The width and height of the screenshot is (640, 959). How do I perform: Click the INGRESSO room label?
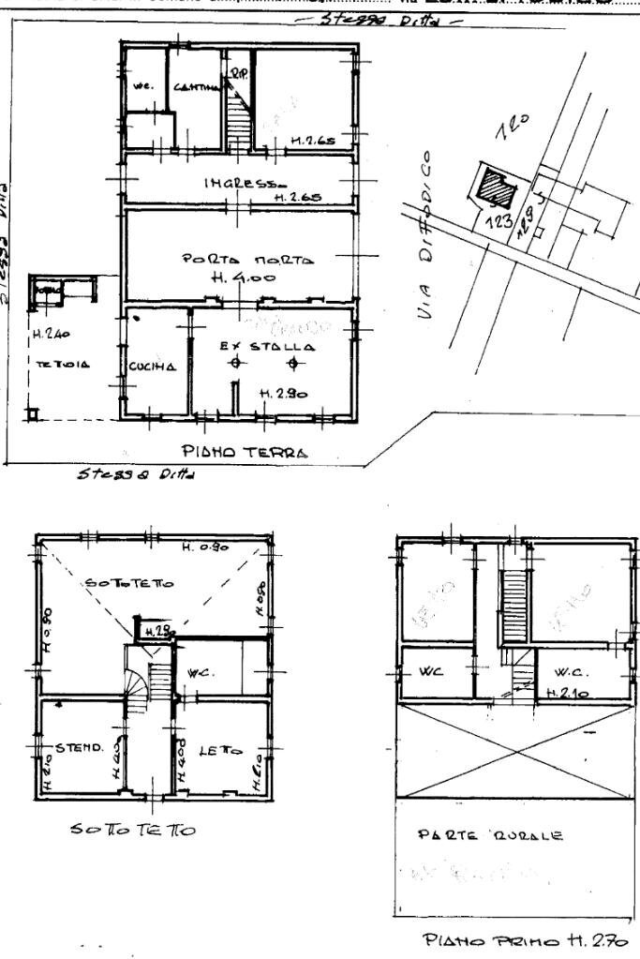click(239, 183)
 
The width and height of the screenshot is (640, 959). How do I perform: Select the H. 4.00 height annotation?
click(252, 277)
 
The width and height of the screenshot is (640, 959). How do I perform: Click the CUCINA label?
click(153, 367)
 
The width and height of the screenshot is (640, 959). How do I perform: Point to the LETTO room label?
click(221, 751)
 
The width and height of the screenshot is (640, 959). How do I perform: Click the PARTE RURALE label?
click(490, 834)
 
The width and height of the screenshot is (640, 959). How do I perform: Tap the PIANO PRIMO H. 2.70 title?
click(525, 940)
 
